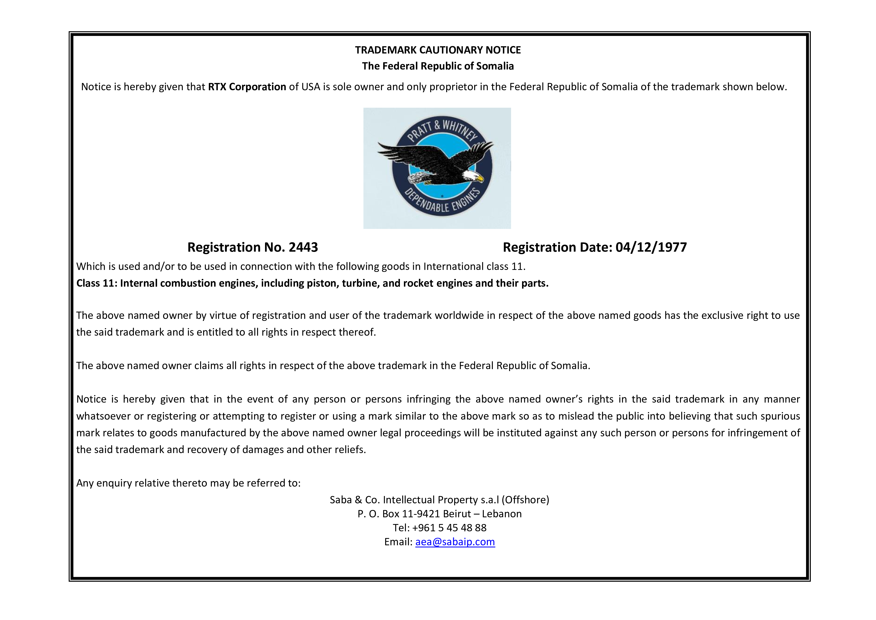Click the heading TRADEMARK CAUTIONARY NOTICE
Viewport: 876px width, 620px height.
438,50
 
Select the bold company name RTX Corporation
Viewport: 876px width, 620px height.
247,87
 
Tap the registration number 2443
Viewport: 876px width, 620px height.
303,247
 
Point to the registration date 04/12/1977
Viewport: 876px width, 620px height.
651,247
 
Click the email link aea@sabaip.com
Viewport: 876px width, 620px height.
455,542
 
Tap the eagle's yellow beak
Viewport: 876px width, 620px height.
480,178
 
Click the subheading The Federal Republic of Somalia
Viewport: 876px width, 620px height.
438,66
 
